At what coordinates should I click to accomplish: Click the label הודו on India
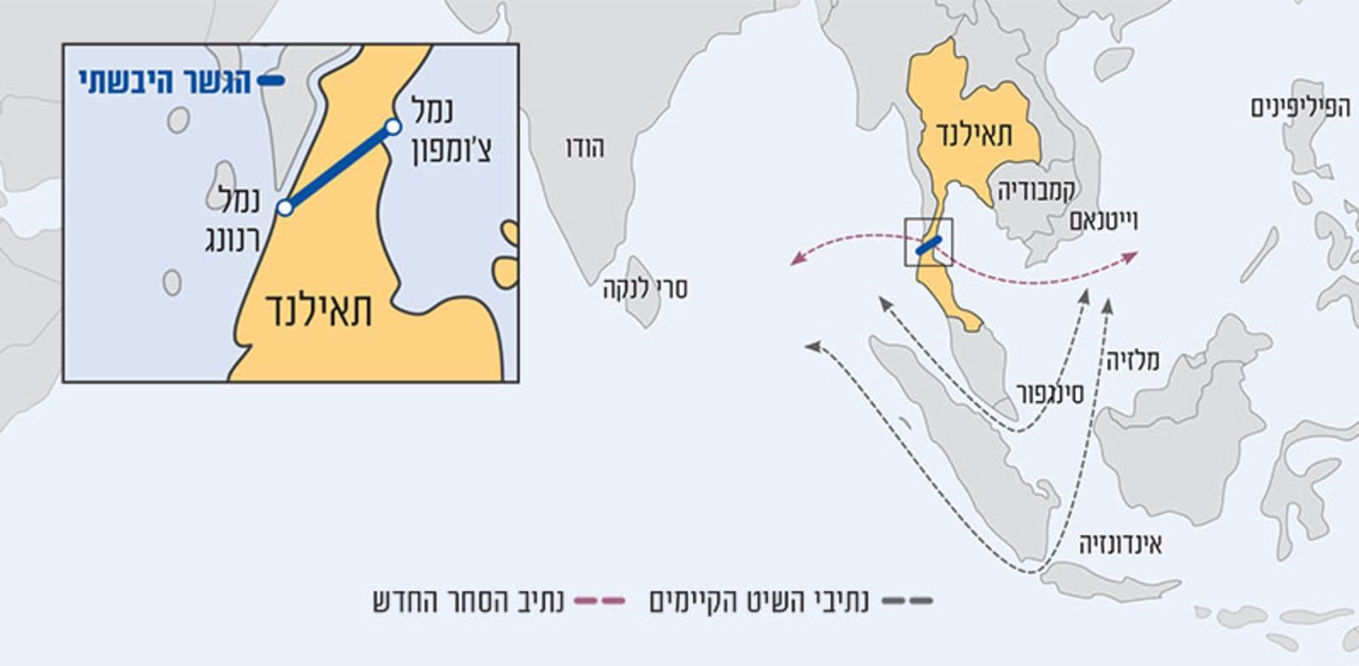pos(584,149)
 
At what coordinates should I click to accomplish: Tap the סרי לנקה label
pos(646,289)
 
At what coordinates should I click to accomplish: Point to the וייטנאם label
pos(1102,221)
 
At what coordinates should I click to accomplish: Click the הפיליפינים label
pos(1300,108)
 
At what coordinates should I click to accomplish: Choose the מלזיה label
pos(1132,361)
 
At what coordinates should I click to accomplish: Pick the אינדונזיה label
pos(1120,544)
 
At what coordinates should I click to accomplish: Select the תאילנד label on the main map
pos(974,134)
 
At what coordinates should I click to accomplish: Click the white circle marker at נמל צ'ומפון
pos(392,127)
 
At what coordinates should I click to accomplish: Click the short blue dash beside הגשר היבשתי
pos(271,82)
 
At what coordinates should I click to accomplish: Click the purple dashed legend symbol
pos(600,601)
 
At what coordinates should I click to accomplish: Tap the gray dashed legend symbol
pos(906,601)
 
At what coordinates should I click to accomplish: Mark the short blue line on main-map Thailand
pos(928,246)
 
